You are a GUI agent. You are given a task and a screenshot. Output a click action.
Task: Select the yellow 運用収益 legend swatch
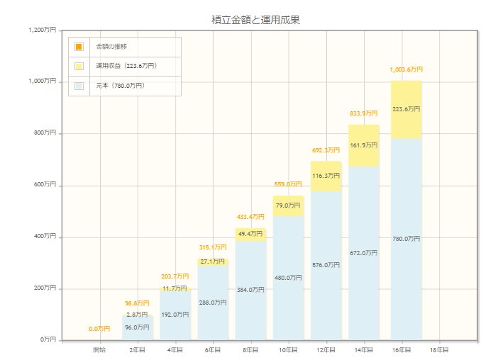[79, 66]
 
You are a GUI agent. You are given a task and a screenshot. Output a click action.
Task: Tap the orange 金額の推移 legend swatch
[79, 47]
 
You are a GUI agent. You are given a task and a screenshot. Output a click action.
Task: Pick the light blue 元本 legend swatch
[79, 86]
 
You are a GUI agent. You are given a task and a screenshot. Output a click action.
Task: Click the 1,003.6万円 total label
[406, 69]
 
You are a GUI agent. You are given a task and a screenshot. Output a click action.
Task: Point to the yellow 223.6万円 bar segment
[406, 109]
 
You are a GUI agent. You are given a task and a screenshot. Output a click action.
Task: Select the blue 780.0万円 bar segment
[406, 239]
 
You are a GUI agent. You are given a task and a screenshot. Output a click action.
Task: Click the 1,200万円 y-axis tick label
[42, 30]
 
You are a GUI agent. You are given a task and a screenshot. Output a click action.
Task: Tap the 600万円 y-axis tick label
[44, 185]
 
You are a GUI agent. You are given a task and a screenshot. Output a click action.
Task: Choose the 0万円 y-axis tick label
[47, 340]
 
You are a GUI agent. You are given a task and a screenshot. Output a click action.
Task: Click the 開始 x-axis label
[99, 350]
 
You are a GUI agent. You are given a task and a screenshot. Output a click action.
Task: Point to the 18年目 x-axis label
[440, 350]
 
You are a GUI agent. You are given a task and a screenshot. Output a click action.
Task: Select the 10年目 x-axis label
[288, 350]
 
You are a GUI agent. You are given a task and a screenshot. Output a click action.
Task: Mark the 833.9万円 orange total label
[364, 113]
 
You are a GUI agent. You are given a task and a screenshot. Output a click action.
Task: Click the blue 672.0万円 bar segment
[364, 253]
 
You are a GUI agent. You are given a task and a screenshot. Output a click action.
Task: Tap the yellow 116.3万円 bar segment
[326, 176]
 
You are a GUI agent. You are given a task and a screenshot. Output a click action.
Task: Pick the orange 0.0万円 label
[99, 329]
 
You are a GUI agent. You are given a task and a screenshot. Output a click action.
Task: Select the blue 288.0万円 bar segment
[213, 303]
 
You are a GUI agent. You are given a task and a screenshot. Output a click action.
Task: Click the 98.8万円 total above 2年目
[138, 303]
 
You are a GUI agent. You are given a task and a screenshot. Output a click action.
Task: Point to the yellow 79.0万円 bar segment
[288, 206]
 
